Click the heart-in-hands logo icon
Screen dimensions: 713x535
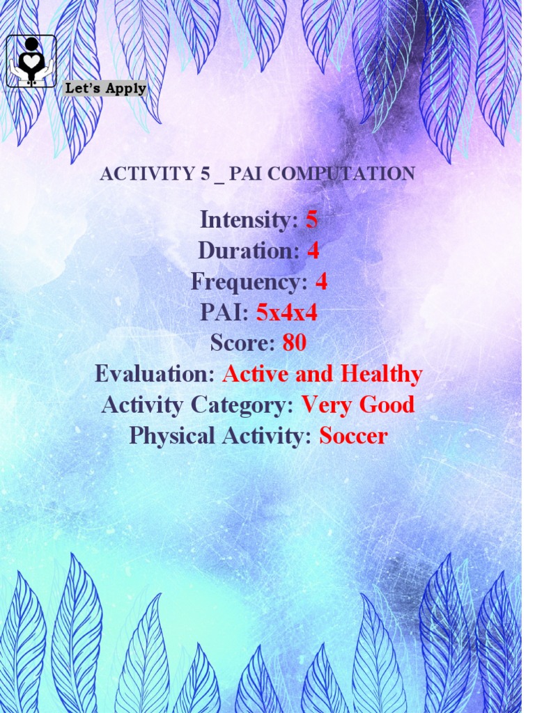click(31, 61)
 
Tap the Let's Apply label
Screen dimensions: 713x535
click(105, 88)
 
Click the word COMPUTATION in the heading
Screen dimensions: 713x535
click(341, 174)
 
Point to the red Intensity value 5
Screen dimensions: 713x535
click(311, 220)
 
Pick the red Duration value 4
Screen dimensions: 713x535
click(313, 251)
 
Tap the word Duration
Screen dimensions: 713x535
click(249, 251)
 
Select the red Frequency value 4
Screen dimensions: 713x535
click(321, 282)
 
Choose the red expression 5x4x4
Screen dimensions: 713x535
click(287, 313)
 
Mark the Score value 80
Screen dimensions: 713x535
click(295, 343)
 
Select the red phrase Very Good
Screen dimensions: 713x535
click(358, 405)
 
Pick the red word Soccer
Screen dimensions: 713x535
click(353, 436)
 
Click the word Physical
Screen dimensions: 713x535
click(172, 436)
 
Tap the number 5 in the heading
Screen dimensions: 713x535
click(205, 174)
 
